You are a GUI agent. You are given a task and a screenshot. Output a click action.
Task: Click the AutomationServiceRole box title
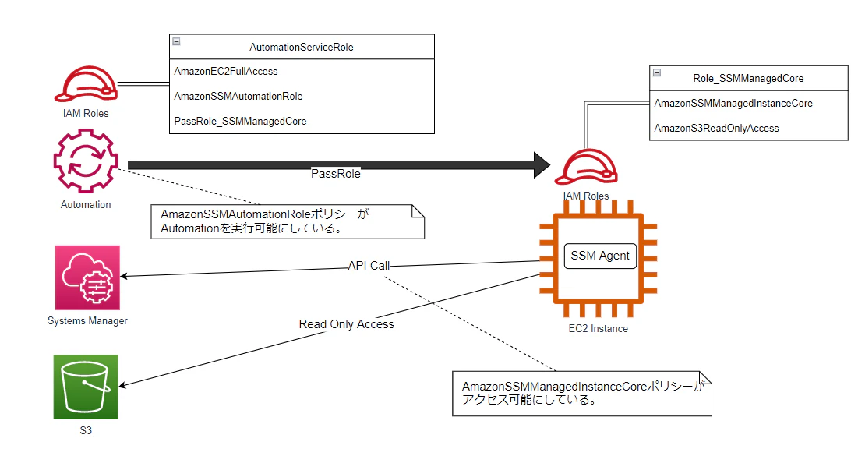301,47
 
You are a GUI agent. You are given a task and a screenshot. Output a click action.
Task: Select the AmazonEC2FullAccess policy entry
225,71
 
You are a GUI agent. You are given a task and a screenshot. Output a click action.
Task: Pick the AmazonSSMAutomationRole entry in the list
238,96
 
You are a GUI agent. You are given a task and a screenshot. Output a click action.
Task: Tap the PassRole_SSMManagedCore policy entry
240,121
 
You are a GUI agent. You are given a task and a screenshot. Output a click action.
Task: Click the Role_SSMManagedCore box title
747,78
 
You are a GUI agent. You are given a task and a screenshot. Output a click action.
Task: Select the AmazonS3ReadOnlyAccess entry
716,128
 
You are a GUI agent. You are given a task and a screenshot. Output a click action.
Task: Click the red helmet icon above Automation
85,83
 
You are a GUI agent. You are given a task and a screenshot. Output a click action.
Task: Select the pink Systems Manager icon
87,277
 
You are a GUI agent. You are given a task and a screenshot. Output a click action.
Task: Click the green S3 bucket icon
86,387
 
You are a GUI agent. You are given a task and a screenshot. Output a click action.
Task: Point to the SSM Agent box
600,256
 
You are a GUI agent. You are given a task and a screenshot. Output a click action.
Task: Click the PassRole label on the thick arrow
336,174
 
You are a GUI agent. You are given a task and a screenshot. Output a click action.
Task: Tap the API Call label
369,265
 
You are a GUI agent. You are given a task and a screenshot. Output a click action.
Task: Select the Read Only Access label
346,323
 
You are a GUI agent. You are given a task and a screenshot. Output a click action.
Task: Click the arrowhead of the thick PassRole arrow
539,164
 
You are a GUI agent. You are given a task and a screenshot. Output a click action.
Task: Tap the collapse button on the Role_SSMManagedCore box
656,72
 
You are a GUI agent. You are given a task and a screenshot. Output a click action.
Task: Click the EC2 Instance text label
598,328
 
